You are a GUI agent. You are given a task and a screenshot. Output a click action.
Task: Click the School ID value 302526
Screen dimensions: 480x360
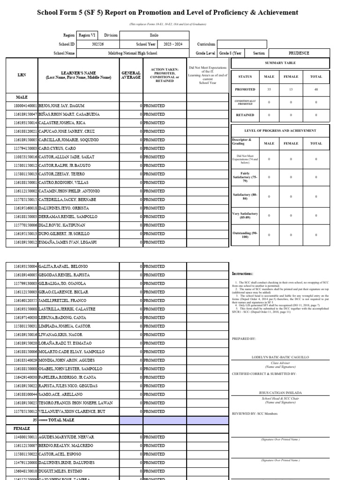(x=98, y=44)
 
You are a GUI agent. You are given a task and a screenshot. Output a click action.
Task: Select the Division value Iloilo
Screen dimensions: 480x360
(x=154, y=35)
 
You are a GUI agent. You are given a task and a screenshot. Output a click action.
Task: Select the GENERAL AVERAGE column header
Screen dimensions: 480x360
(x=131, y=75)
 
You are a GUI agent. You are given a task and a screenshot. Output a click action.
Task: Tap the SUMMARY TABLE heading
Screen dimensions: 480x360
(x=280, y=63)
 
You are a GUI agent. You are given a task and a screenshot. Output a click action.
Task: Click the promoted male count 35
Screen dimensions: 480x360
(x=269, y=89)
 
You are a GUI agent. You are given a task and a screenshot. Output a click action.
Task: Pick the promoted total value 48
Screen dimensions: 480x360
(x=316, y=89)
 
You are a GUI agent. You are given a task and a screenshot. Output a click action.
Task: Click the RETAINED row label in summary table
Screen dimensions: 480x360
(x=245, y=115)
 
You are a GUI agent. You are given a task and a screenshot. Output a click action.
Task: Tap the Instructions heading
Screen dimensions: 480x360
(x=242, y=274)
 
